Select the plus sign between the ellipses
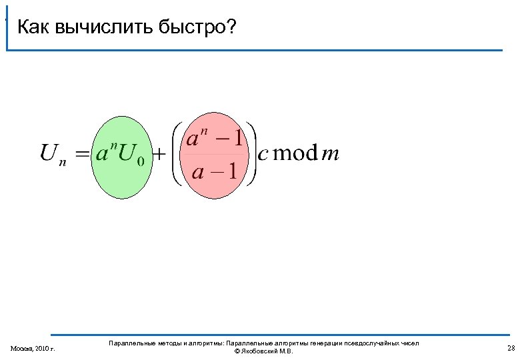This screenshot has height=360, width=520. tap(161, 155)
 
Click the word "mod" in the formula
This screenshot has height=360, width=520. tap(295, 154)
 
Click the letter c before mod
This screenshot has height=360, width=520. tap(263, 155)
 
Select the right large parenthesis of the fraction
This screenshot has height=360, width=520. tap(251, 154)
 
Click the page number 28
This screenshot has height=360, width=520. tap(511, 348)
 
